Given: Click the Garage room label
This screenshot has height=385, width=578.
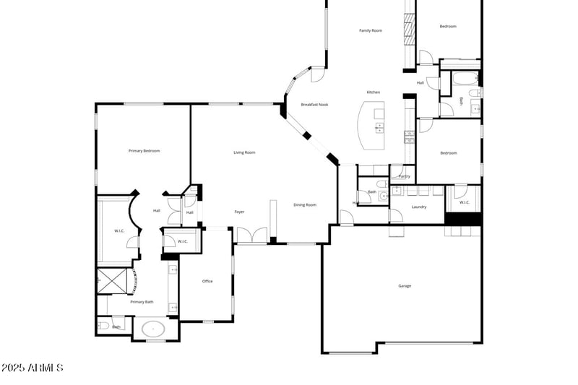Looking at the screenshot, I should click(405, 286).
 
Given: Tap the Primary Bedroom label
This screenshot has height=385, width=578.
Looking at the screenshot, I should click(144, 151).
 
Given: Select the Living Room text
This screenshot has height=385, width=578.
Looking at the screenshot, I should click(244, 152).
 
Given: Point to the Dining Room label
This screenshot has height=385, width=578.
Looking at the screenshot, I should click(305, 205).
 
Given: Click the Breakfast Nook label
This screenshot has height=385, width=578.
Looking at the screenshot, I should click(314, 105).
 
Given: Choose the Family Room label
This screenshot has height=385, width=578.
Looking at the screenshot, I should click(371, 30).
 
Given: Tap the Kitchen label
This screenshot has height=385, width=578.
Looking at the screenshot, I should click(373, 92).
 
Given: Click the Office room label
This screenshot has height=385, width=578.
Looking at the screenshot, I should click(207, 281).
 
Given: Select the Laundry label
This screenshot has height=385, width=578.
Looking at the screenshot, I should click(419, 207).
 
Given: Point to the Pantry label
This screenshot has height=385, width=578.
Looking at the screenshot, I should click(404, 176).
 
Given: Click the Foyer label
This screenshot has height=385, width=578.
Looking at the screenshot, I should click(239, 212).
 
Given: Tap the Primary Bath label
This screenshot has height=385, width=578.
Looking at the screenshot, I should click(142, 302).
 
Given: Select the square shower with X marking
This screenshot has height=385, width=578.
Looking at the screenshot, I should click(113, 282).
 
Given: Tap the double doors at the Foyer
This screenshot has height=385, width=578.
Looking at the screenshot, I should click(251, 235).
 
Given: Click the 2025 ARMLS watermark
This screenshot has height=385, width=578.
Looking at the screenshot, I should click(33, 368).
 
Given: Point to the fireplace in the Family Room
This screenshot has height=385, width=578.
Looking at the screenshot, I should click(410, 33).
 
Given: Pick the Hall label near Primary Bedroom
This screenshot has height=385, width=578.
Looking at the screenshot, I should click(157, 211).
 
